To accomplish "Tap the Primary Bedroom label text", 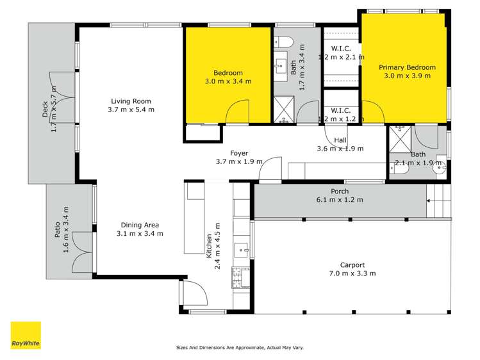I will coord(407,67).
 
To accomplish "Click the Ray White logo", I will coord(26,335).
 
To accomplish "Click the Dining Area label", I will coord(140,225).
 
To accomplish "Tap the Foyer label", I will coord(239,153).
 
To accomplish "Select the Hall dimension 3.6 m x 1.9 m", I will coord(340,149).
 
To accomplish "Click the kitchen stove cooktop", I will coord(241,277).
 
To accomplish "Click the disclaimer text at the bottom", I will coord(240,348).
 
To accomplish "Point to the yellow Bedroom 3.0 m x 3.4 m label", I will coord(228,77).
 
